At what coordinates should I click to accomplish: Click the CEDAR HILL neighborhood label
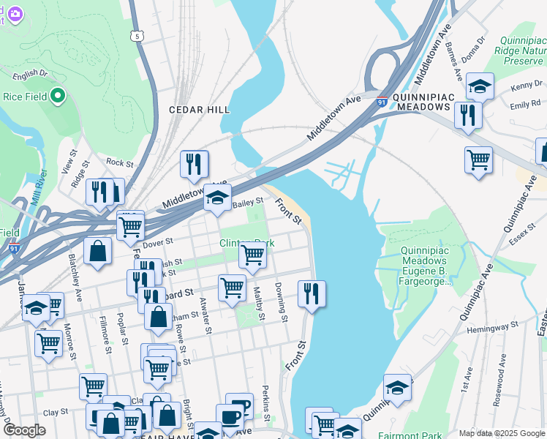pyautogui.click(x=199, y=110)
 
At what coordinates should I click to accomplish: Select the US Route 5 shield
pyautogui.click(x=137, y=34)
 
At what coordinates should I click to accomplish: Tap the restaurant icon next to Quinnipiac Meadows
pyautogui.click(x=467, y=116)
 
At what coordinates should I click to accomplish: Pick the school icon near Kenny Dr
pyautogui.click(x=480, y=86)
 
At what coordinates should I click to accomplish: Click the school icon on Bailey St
pyautogui.click(x=217, y=198)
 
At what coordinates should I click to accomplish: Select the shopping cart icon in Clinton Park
pyautogui.click(x=252, y=255)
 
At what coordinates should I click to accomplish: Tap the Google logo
pyautogui.click(x=24, y=430)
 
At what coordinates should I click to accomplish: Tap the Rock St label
pyautogui.click(x=119, y=164)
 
